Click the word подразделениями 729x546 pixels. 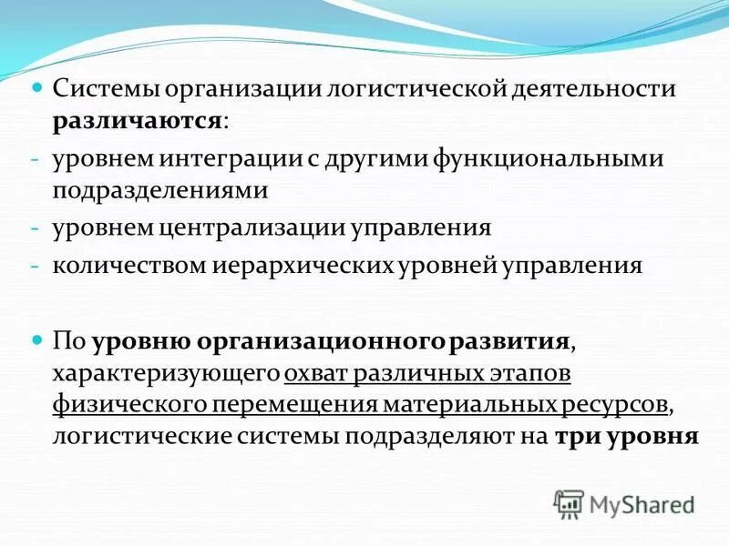(159, 189)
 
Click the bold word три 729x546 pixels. (570, 435)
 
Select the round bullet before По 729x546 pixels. (36, 340)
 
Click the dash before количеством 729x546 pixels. (34, 266)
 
